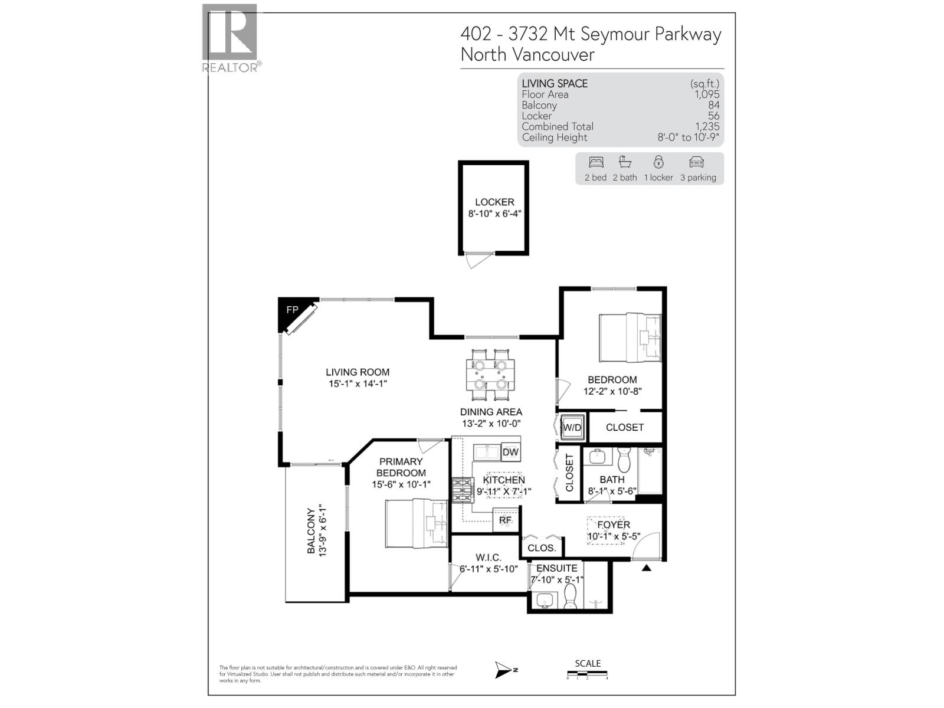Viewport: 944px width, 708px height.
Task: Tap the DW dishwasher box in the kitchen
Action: [x=511, y=453]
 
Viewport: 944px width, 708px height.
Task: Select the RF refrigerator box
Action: [x=506, y=520]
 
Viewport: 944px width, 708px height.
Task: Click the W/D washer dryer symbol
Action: [x=572, y=428]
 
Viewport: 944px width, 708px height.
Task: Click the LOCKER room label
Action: [x=494, y=202]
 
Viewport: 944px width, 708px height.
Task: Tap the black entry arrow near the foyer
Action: [x=646, y=568]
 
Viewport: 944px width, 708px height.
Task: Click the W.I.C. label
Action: [x=489, y=558]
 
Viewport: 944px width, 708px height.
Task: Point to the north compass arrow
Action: [x=505, y=670]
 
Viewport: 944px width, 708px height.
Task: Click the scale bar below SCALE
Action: [x=587, y=674]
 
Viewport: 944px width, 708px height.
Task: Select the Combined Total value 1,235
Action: [x=707, y=126]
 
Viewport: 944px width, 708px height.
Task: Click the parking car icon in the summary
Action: [x=696, y=162]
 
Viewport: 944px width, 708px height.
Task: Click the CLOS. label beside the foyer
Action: [x=542, y=548]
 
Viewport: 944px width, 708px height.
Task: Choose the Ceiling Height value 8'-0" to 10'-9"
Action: [x=688, y=137]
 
